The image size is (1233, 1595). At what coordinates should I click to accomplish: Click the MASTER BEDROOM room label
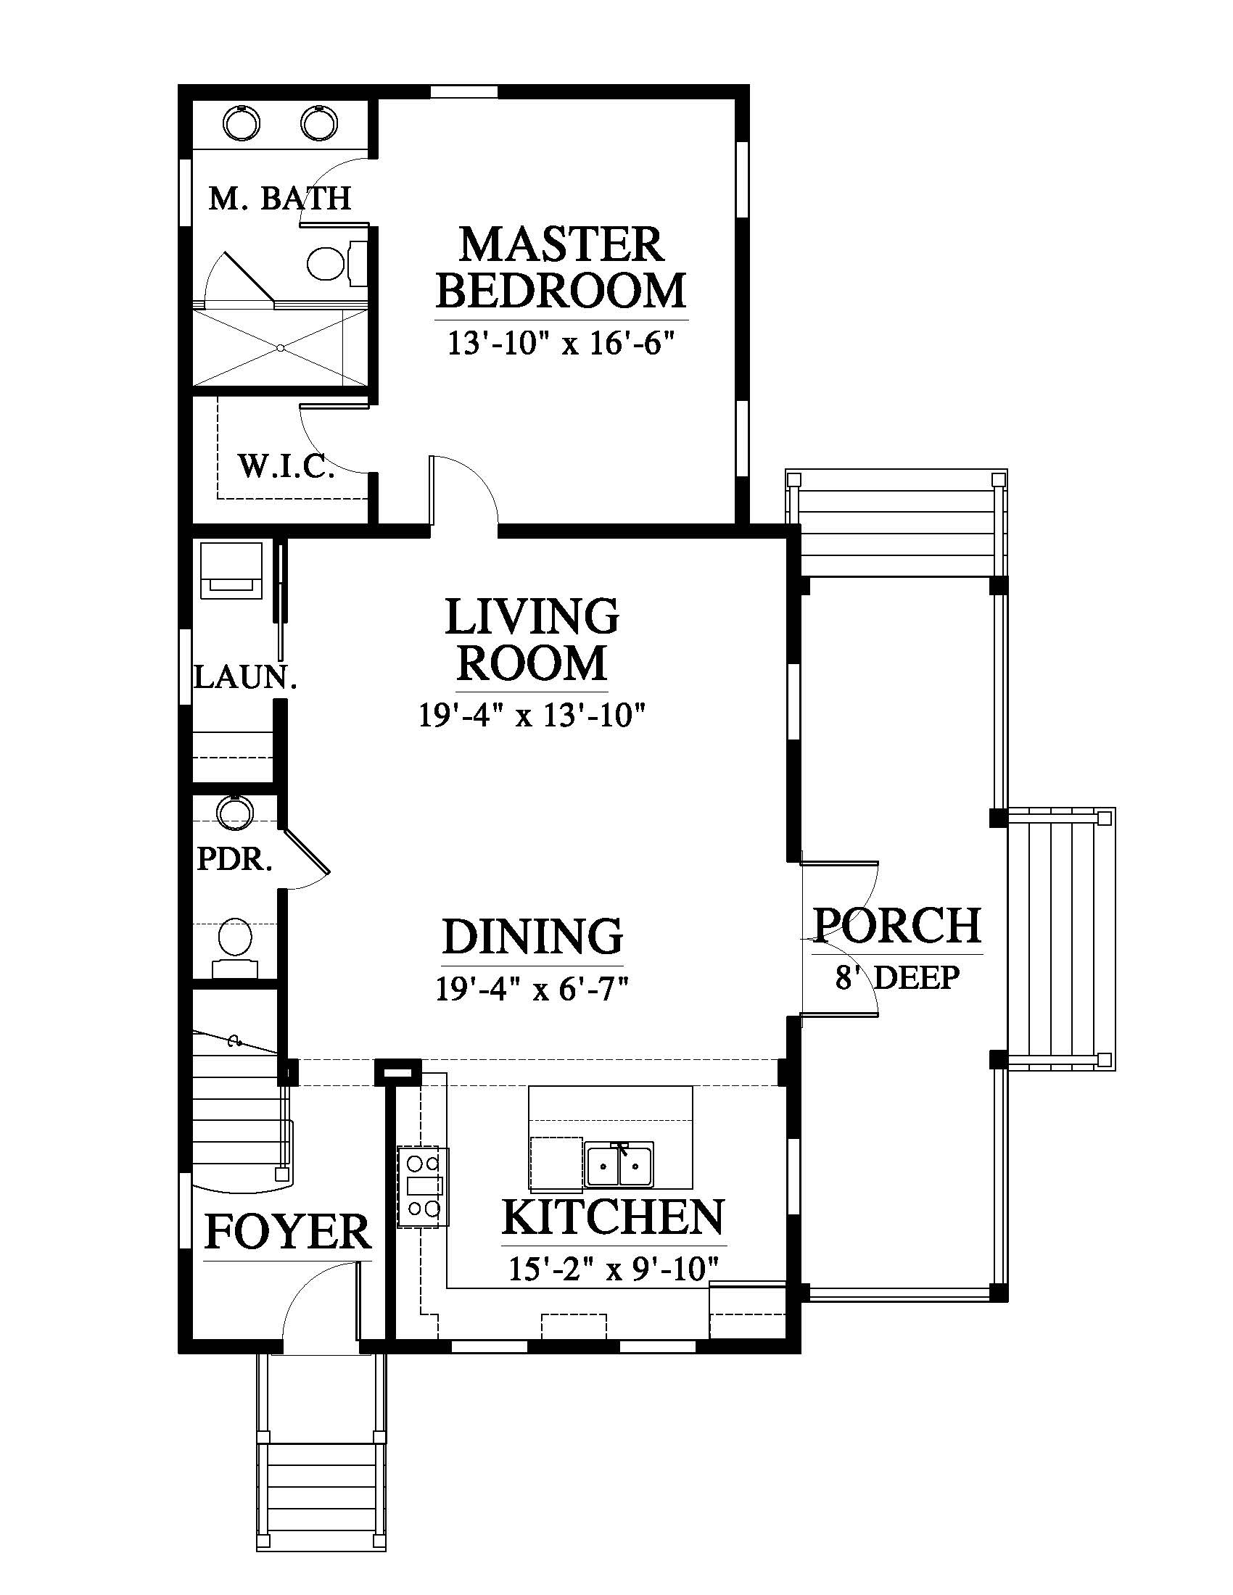[561, 268]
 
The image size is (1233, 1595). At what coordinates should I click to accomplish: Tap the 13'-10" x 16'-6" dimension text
[558, 343]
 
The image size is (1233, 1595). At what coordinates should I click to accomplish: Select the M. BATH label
[280, 198]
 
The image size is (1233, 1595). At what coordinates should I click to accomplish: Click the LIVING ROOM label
[532, 639]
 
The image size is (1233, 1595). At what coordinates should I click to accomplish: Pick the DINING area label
[532, 936]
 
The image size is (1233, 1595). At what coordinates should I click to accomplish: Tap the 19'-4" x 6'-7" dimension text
[532, 990]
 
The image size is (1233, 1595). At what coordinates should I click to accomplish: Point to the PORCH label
[897, 925]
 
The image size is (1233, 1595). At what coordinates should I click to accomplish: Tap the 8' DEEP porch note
[897, 977]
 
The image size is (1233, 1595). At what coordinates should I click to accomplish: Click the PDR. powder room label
[234, 860]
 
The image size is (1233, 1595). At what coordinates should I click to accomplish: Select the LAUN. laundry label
[245, 677]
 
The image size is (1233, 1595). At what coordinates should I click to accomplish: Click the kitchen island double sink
[619, 1165]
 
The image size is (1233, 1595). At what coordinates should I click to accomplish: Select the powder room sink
[235, 812]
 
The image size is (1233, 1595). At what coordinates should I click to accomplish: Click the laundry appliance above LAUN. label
[231, 571]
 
